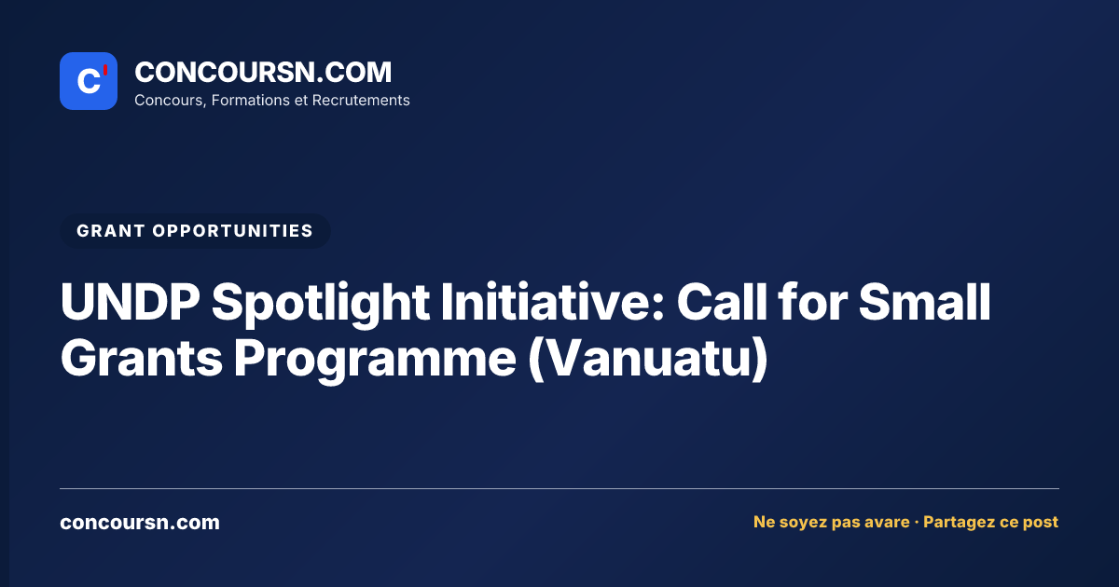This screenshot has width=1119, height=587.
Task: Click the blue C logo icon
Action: (89, 81)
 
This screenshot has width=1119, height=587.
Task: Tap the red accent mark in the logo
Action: (105, 70)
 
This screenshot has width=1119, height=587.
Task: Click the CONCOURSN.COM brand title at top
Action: (263, 73)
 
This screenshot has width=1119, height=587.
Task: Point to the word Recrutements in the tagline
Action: (361, 101)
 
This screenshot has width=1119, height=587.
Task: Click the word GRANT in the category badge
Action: (111, 231)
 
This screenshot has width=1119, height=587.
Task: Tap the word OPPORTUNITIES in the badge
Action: (233, 231)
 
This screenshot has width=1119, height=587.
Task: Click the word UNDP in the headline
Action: (130, 303)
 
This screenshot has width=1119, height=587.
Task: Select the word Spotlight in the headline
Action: (320, 305)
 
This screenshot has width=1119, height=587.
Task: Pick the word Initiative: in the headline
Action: (552, 302)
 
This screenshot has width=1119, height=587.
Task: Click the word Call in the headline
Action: (722, 302)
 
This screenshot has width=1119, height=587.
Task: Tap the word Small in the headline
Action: (925, 302)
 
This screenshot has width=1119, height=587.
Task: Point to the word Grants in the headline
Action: (142, 358)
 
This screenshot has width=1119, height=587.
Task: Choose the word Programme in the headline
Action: (375, 361)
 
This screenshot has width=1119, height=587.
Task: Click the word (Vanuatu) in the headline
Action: (648, 360)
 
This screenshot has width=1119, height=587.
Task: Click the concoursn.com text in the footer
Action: (140, 523)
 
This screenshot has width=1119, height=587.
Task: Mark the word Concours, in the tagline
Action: (171, 101)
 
